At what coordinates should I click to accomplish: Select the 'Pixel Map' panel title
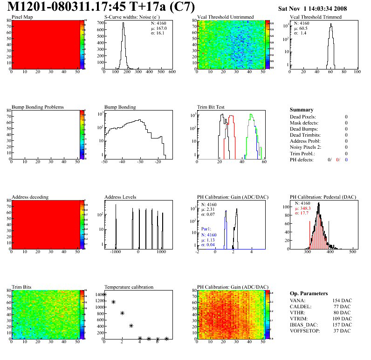(22, 17)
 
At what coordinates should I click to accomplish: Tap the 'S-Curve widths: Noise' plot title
(132, 17)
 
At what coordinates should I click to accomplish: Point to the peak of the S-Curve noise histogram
(124, 24)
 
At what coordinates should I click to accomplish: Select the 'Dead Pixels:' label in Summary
(303, 117)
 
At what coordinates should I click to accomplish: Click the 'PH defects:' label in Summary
(302, 159)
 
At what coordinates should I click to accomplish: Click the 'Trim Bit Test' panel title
(211, 107)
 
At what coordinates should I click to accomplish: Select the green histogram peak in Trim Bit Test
(251, 115)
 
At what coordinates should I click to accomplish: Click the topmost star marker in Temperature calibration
(105, 294)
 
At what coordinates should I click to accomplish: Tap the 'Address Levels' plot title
(121, 197)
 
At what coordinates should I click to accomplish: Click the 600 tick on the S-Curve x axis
(172, 72)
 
